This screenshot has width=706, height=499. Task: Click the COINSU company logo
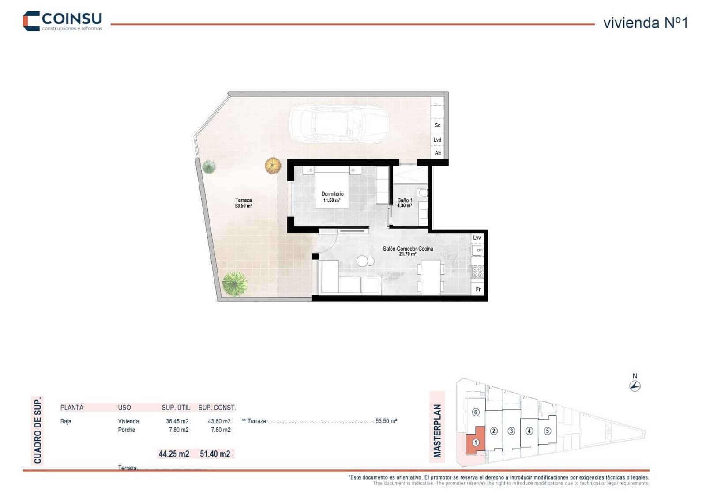62,21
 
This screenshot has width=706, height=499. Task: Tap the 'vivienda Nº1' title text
645,23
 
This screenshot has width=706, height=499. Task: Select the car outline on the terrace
339,124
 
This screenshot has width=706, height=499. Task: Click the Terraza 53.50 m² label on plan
243,203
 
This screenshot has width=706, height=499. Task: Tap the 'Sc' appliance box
437,125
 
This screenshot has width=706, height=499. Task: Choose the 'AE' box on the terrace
438,153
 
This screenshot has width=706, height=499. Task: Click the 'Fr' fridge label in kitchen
478,290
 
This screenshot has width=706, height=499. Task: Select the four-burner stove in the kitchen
477,272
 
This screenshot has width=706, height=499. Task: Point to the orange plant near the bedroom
273,166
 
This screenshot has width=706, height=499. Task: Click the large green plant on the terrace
234,283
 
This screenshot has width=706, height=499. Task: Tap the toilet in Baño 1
422,193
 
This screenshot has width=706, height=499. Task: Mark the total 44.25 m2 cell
174,454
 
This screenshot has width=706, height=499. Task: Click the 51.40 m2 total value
215,454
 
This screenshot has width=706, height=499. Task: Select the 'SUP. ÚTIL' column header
176,408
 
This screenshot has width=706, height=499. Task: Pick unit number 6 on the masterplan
475,412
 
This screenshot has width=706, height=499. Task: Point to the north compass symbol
635,386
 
